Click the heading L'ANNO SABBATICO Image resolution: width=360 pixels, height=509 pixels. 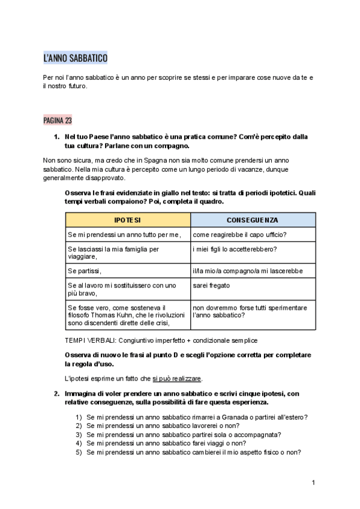coord(75,58)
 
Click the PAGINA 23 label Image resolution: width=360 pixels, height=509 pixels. coord(58,120)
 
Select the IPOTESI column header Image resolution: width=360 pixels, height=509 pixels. coord(127,220)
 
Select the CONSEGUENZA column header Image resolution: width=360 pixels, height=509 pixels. coord(252,220)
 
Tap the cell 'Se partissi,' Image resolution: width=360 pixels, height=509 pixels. coord(85,271)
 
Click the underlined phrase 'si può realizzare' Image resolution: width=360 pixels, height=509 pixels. coord(177,379)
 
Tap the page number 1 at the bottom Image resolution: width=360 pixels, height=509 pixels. coord(313,483)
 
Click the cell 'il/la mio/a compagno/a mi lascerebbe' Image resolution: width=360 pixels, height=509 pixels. coord(248,271)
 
